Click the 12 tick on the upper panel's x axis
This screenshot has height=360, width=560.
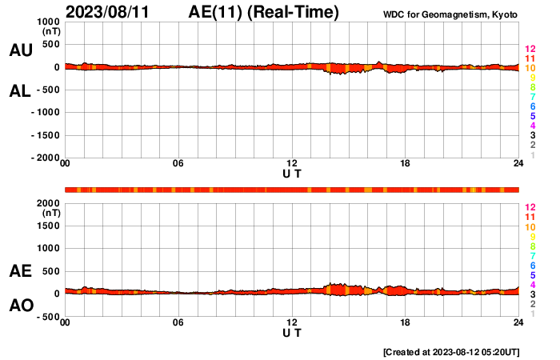[292, 165]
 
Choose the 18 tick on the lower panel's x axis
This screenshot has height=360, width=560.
[406, 323]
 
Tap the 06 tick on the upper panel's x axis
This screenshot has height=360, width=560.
[178, 165]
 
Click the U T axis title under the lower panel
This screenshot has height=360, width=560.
[292, 333]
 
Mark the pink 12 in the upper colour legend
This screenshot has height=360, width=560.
[530, 50]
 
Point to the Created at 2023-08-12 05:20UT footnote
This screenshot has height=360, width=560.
[451, 352]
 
